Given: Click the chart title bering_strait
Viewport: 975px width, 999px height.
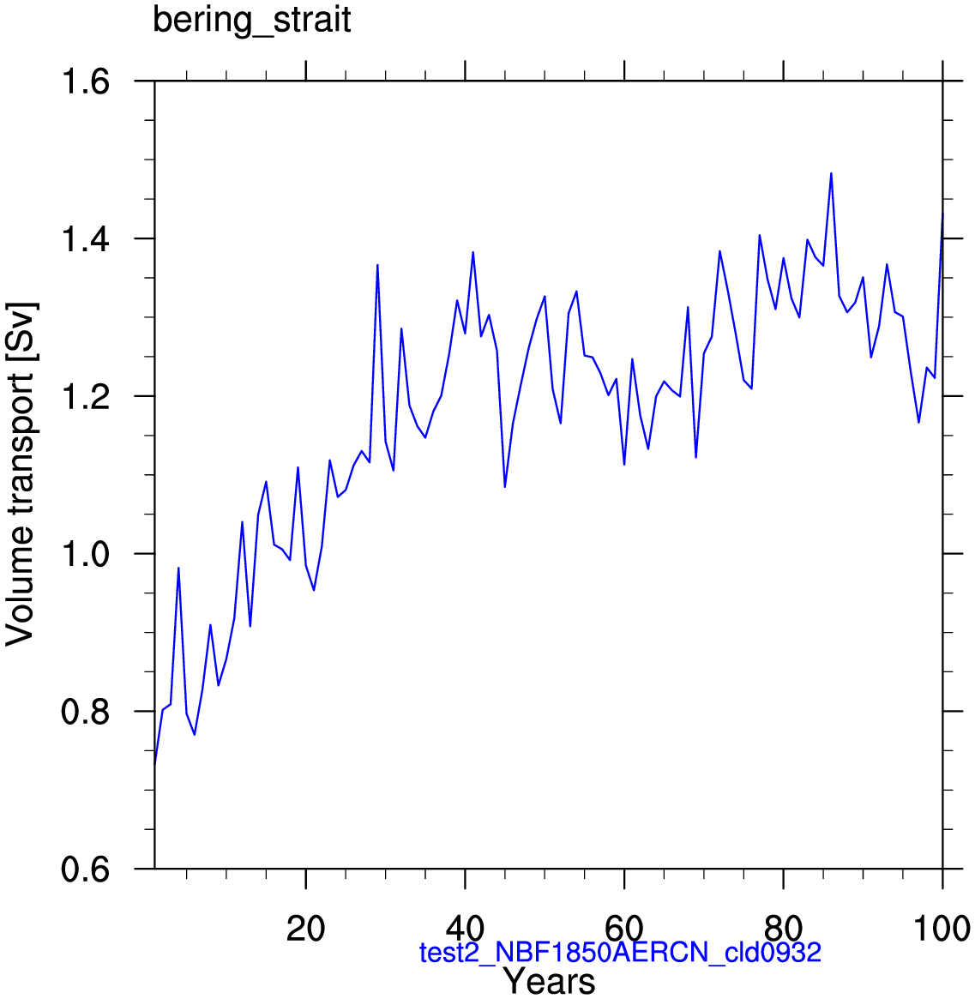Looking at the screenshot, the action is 252,21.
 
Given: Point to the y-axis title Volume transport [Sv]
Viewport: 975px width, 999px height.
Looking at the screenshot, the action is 21,474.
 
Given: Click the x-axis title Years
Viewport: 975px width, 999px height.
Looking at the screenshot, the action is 550,981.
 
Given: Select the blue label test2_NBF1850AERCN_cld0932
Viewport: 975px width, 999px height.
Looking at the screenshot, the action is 620,953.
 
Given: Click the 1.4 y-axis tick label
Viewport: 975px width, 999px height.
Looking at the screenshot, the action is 86,239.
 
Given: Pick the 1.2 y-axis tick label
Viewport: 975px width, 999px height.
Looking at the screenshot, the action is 86,396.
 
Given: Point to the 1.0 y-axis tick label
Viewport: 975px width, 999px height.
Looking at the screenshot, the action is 86,554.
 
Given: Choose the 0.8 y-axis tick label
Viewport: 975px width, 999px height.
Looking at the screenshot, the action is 86,711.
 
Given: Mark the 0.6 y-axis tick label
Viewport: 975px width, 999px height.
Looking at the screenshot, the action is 86,869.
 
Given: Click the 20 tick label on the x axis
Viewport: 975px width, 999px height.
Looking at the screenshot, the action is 306,930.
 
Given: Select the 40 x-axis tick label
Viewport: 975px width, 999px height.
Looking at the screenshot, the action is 465,930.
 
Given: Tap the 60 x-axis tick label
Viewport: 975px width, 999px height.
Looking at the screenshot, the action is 624,930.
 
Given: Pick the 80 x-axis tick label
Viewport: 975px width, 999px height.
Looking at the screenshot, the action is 783,930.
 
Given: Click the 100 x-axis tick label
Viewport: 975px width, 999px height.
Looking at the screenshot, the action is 942,930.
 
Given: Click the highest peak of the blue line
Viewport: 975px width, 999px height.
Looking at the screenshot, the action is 831,172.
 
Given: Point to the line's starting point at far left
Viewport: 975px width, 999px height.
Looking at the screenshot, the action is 155,762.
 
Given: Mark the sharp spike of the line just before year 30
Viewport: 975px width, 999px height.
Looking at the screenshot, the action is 378,264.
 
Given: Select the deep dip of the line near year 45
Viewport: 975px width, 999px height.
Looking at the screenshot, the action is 505,487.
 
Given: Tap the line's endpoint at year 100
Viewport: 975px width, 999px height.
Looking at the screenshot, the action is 942,215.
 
